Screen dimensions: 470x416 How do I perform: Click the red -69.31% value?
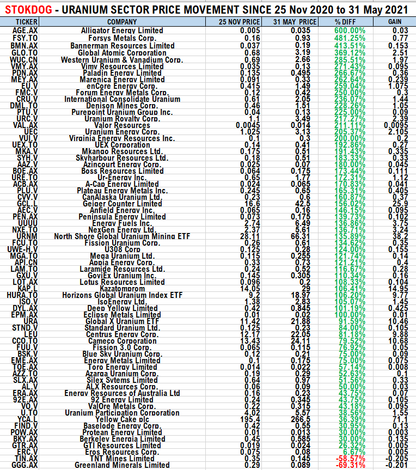tap(348, 465)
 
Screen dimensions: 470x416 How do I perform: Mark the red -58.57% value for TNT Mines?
tap(348, 459)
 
